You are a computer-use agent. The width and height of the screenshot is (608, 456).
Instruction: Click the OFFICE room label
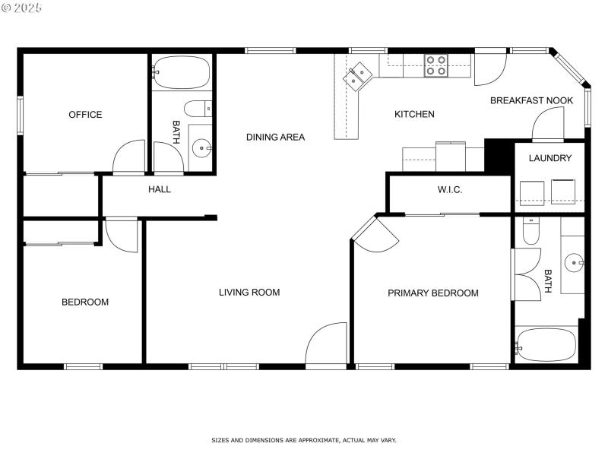85,115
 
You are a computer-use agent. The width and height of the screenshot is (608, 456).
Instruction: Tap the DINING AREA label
275,138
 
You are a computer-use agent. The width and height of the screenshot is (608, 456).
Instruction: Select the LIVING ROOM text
249,292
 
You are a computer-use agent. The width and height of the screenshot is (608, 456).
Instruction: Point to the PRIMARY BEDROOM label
433,293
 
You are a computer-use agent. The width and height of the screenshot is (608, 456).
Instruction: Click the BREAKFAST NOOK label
531,100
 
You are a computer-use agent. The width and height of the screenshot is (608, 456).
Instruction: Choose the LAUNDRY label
549,158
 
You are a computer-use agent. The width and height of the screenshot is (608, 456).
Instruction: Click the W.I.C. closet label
450,189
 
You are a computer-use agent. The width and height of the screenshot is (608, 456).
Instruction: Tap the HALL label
160,189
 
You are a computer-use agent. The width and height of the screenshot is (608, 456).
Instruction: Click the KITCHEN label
414,115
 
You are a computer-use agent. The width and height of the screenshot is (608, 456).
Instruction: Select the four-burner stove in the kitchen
435,65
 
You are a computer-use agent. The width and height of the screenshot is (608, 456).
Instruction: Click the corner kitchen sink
356,76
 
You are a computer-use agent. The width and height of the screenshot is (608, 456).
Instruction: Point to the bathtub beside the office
182,74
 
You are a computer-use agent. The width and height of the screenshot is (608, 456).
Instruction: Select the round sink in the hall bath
201,147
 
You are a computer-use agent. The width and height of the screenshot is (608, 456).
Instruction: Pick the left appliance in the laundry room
530,192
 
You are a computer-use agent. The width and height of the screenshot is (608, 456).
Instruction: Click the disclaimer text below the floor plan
303,440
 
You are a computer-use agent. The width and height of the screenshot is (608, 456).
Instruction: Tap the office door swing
129,158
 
